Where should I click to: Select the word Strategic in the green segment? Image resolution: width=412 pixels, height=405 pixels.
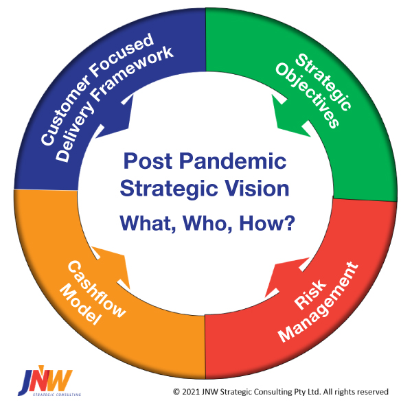click(x=323, y=82)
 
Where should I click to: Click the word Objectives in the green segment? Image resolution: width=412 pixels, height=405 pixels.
click(x=307, y=95)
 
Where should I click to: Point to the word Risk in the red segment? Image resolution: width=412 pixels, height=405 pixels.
click(x=310, y=294)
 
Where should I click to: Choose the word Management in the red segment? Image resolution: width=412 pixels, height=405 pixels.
click(x=318, y=302)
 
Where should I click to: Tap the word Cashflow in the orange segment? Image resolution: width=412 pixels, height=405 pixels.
click(x=96, y=290)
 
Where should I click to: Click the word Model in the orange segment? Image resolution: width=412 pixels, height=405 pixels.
click(x=80, y=305)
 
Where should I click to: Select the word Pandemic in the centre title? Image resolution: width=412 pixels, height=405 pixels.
click(x=233, y=161)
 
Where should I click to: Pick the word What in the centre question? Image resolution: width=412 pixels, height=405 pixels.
click(x=148, y=223)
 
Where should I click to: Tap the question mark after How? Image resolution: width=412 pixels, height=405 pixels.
click(x=290, y=222)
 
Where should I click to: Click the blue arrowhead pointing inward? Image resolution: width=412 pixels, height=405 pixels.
click(x=115, y=116)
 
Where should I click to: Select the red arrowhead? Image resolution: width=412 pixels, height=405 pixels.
click(x=287, y=277)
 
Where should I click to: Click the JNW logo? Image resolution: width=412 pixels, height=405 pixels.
click(x=49, y=380)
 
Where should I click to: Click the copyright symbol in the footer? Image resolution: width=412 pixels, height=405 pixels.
click(x=176, y=392)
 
